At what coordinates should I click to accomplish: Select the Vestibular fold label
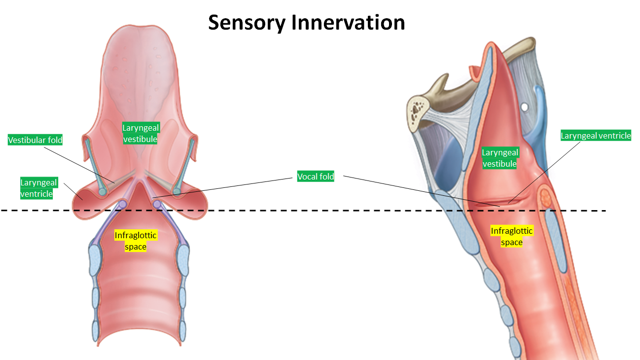(36, 140)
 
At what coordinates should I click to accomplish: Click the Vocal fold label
(316, 177)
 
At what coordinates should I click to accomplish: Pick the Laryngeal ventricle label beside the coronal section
(38, 188)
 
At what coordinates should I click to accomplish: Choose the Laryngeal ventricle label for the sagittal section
(596, 136)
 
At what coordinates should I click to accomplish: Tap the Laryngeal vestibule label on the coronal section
(141, 134)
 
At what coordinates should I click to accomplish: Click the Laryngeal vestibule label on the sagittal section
(499, 158)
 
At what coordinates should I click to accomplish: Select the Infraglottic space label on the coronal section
(136, 241)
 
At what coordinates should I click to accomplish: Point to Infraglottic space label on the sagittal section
(512, 236)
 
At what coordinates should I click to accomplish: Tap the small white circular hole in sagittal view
(525, 107)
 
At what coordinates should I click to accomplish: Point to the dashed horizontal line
(296, 211)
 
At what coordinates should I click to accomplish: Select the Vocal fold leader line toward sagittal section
(419, 190)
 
